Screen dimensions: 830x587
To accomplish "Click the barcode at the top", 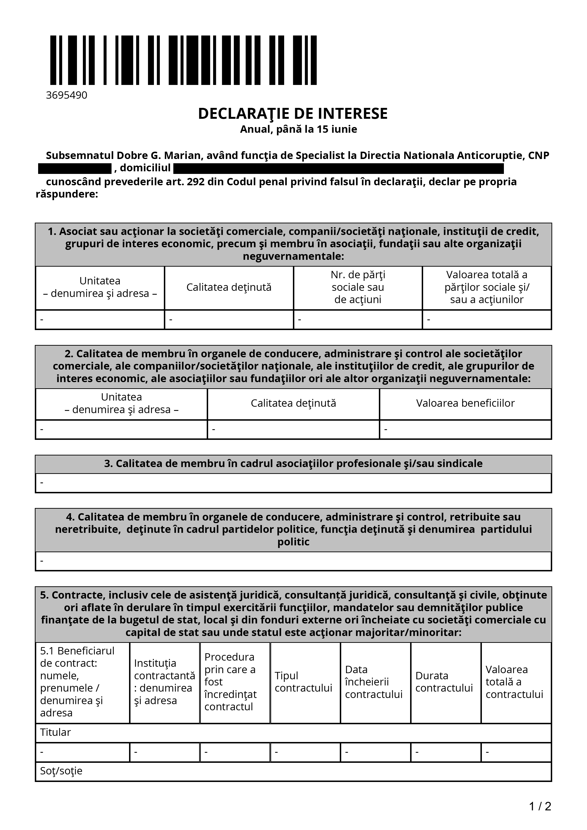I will (x=183, y=60).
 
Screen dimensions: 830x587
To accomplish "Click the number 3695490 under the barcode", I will (x=67, y=95).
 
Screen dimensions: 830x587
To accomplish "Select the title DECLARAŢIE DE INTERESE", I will (x=293, y=114).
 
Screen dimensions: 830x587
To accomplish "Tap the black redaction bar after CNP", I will (x=75, y=168).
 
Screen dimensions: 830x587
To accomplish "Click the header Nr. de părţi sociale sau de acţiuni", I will (x=358, y=287).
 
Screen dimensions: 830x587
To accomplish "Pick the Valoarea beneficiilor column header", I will (x=465, y=403).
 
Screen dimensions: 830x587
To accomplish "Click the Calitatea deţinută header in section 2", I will (x=293, y=403).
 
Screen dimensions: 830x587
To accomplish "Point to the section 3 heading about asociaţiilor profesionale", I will (x=293, y=464).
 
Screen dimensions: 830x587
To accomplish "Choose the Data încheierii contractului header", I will (x=374, y=682).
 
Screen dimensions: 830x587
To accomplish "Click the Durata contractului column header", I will (x=444, y=682).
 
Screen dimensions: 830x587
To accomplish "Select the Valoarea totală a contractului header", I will (x=514, y=682).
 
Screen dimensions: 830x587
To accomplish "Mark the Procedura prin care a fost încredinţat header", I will (x=230, y=682).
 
